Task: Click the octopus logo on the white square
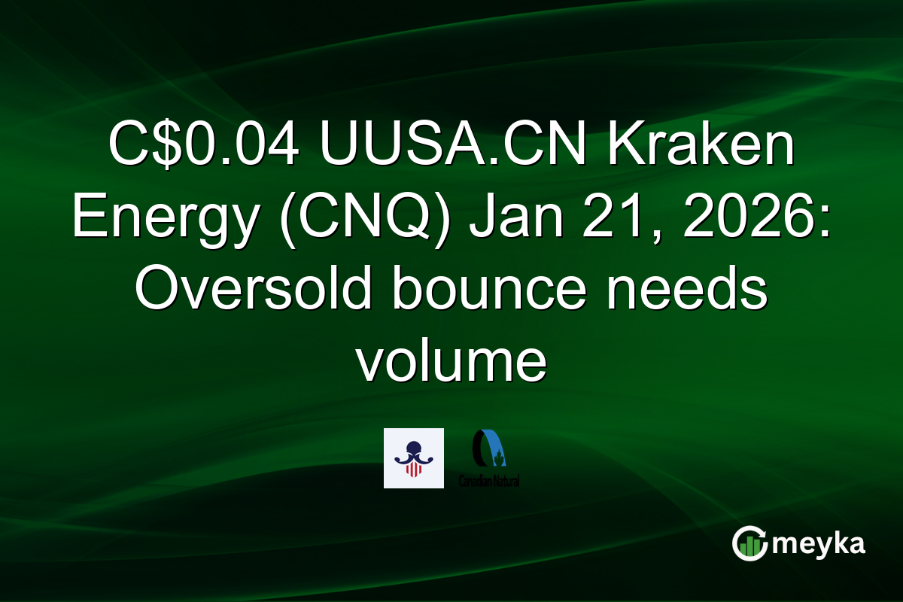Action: click(413, 458)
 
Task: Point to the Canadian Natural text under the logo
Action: click(489, 480)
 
